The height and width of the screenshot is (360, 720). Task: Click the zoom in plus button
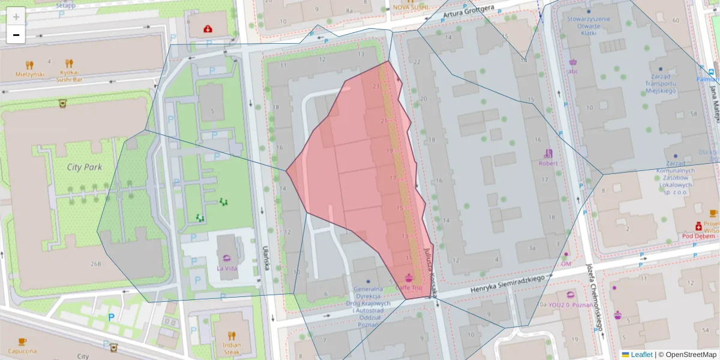coord(16,16)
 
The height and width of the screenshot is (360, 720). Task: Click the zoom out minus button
coord(16,35)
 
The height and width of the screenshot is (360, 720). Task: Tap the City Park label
coord(84,167)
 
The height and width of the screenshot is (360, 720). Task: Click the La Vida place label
coord(226,268)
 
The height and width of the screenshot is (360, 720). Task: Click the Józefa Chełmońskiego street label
coord(595,298)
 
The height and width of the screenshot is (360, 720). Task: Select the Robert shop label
coord(548,163)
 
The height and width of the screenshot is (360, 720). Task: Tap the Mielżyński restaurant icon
coord(29,64)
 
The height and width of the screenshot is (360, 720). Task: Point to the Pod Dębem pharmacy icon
coord(698,226)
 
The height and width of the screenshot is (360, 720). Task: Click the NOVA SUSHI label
coord(410,7)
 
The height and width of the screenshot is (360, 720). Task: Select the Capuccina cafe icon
coord(22,341)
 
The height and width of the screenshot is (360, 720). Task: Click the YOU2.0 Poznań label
coord(570,304)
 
